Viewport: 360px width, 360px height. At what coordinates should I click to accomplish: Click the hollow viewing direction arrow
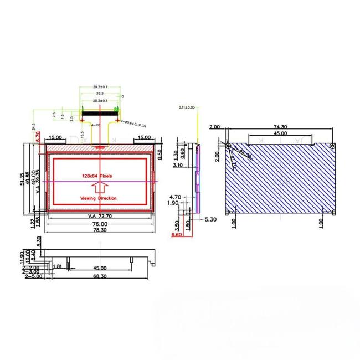(x=101, y=186)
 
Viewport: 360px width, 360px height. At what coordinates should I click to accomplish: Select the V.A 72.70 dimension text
(x=100, y=215)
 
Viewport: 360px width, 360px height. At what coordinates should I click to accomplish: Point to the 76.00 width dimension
(x=100, y=224)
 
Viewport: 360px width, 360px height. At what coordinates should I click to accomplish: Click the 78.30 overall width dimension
(x=100, y=230)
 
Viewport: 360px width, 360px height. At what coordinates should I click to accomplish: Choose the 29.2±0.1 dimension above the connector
(x=100, y=87)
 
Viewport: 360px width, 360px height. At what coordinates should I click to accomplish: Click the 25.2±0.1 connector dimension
(x=100, y=101)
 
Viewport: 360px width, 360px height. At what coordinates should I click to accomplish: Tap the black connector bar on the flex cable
(x=100, y=112)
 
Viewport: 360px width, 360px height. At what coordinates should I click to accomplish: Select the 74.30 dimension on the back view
(x=280, y=126)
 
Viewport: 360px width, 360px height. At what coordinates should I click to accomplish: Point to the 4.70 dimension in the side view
(x=175, y=197)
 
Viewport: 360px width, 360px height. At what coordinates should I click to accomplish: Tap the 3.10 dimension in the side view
(x=178, y=165)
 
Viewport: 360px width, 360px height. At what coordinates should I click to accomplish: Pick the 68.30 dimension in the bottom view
(x=100, y=276)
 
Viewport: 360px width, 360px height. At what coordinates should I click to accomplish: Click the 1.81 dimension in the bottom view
(x=56, y=266)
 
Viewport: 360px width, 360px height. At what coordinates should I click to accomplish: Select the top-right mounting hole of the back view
(x=332, y=146)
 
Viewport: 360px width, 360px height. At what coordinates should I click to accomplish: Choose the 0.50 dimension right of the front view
(x=160, y=154)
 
